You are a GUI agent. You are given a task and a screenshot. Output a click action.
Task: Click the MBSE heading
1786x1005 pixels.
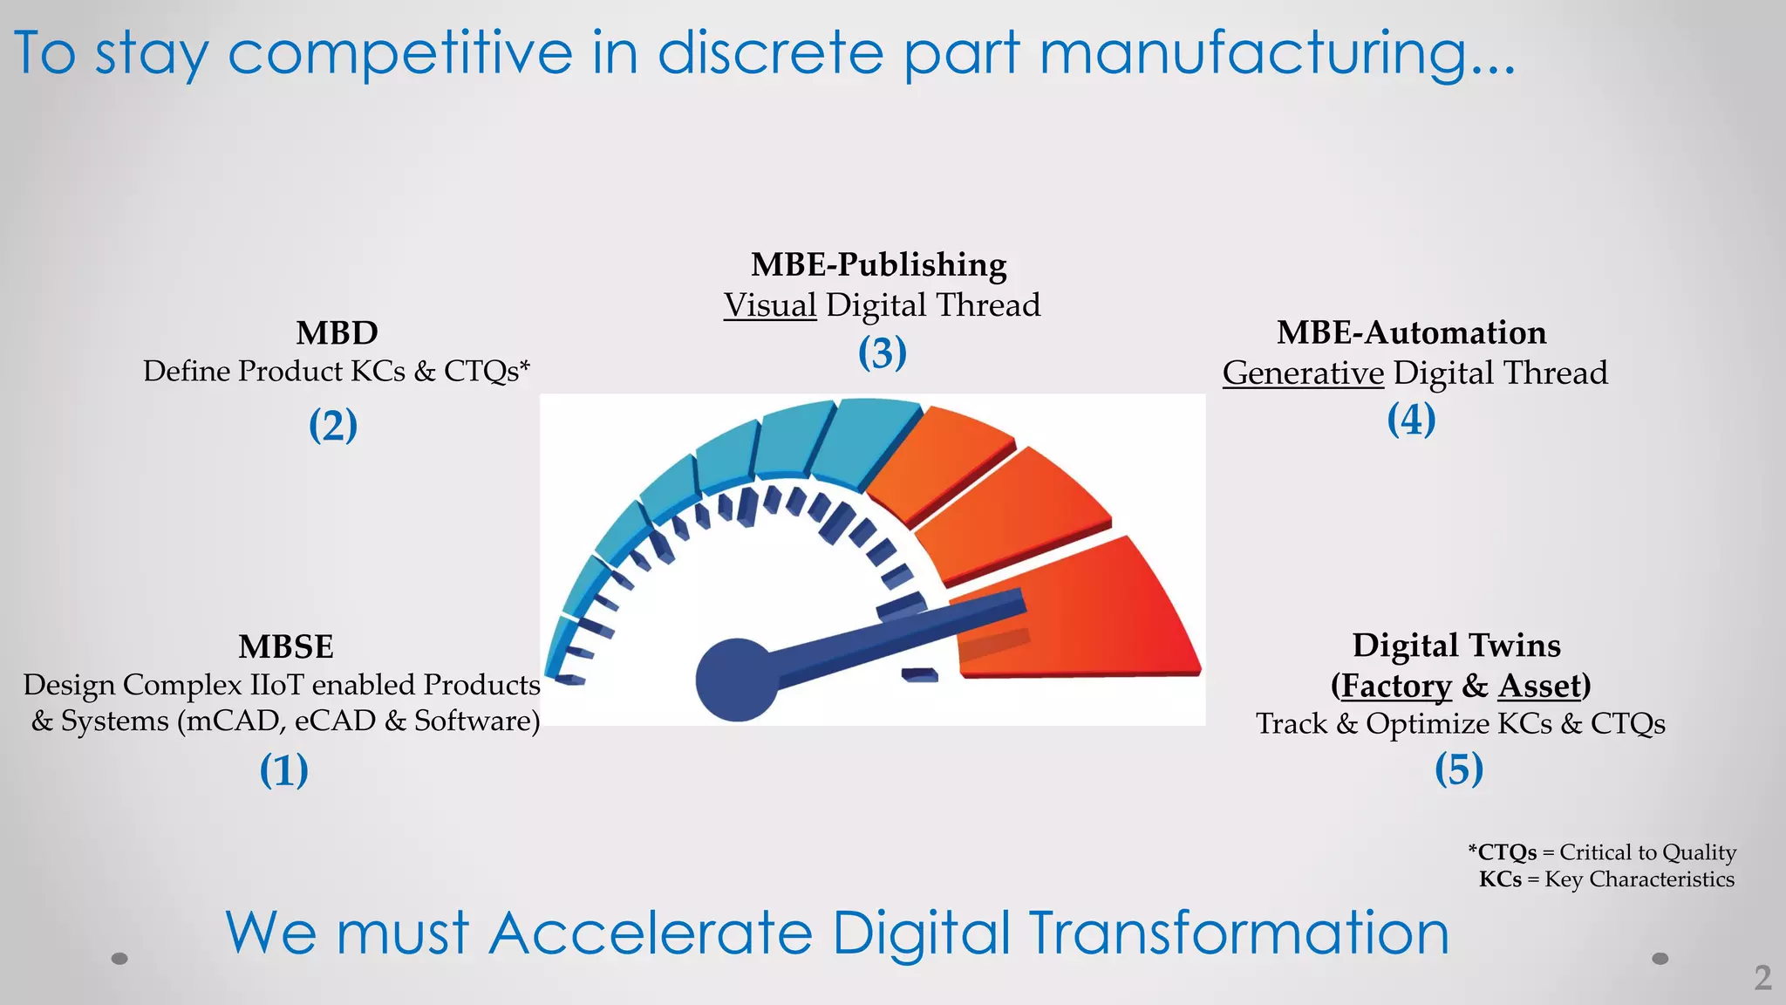[286, 646]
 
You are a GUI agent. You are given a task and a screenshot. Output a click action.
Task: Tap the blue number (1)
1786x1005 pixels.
[284, 770]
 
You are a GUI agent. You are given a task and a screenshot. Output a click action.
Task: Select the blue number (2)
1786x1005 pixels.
[333, 426]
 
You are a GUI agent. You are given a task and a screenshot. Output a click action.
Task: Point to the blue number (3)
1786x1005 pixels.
[883, 353]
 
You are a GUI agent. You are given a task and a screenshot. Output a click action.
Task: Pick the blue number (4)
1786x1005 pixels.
[1411, 420]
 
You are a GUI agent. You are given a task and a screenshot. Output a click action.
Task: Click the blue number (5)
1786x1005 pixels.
[1459, 769]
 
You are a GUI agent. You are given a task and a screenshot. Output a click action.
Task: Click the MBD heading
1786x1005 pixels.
[337, 332]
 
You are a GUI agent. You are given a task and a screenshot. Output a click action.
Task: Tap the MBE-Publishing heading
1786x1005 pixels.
[879, 264]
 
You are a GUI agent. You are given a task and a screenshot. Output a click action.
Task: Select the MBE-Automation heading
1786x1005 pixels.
[1411, 332]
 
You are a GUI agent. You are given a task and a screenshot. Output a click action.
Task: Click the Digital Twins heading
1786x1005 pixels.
[1456, 646]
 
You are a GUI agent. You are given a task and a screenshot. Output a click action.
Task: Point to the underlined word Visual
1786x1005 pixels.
[770, 305]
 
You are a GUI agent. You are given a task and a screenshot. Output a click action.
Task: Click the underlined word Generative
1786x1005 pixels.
[1303, 373]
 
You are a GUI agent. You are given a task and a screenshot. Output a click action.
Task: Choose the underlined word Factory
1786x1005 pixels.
[1395, 686]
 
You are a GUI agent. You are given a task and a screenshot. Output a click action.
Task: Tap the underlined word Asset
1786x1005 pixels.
[1539, 686]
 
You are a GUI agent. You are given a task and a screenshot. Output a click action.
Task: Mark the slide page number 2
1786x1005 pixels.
[1762, 977]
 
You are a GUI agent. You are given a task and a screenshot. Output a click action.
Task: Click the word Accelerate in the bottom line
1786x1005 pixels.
[651, 933]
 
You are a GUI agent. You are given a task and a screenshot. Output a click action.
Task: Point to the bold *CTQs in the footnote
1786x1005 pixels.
[1503, 852]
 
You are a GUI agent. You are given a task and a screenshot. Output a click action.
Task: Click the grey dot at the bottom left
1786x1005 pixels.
[120, 958]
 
